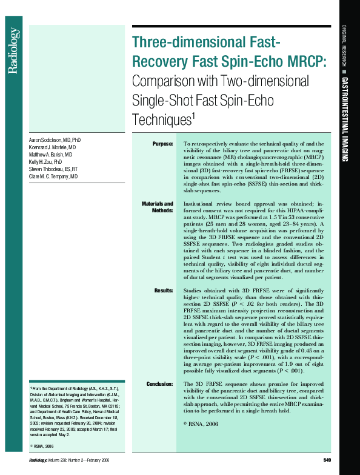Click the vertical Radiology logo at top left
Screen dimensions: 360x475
(x=13, y=53)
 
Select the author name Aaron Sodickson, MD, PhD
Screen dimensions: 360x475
(x=55, y=140)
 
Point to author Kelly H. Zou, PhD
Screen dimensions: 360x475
(x=45, y=162)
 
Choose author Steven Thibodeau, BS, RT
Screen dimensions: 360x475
(x=53, y=169)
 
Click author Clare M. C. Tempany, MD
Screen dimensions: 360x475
(x=53, y=177)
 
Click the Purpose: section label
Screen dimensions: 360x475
(x=162, y=143)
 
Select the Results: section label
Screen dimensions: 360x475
(x=163, y=291)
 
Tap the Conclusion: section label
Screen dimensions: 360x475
(x=159, y=384)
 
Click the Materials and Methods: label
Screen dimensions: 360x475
(x=158, y=207)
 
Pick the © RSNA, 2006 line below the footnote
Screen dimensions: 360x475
(x=46, y=446)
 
